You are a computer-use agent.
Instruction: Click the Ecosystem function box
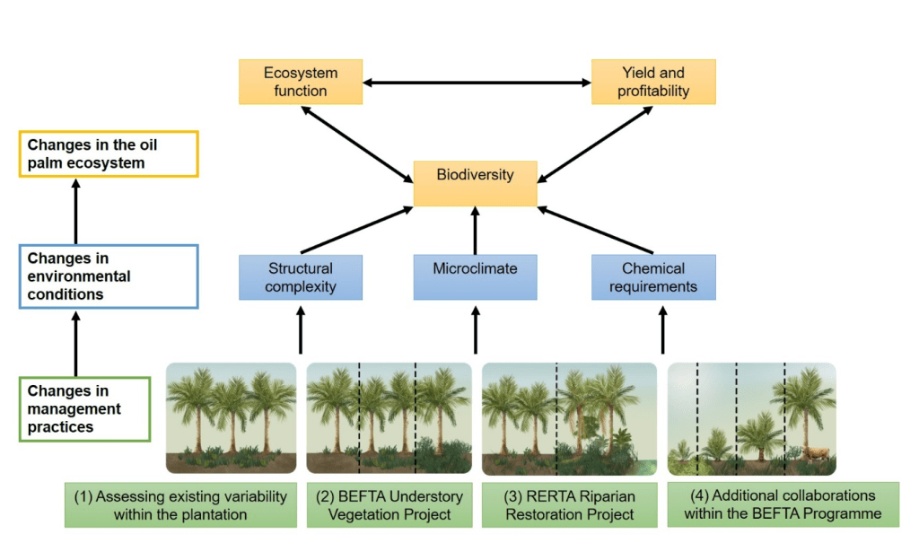[x=301, y=82]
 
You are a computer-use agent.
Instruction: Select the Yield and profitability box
[x=653, y=82]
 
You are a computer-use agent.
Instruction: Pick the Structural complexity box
[x=301, y=277]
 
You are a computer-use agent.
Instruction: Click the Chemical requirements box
[x=653, y=277]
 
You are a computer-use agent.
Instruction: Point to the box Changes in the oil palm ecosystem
[x=109, y=153]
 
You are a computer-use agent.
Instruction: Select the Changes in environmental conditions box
[x=109, y=276]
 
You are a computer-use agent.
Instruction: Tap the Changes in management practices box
[x=84, y=409]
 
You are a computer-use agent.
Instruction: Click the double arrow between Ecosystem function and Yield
[x=477, y=83]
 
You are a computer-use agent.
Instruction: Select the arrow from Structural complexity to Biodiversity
[x=356, y=230]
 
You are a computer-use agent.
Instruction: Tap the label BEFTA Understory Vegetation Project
[x=389, y=505]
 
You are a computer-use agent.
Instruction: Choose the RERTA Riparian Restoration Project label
[x=570, y=505]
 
